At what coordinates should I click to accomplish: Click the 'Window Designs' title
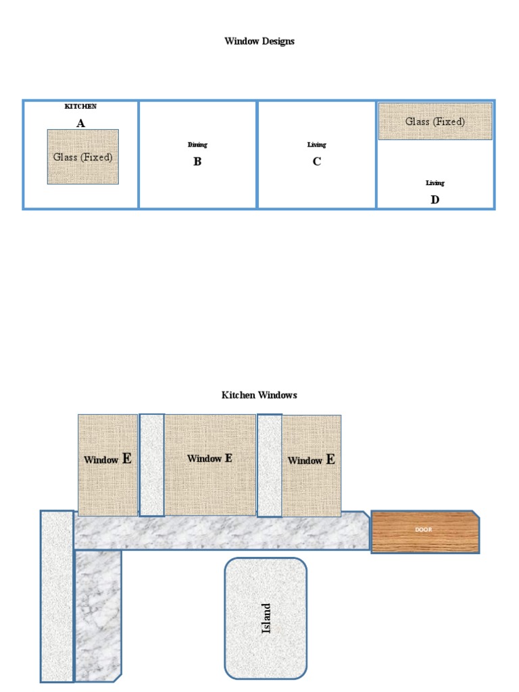(x=259, y=41)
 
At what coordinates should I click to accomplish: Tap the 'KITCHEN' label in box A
(x=80, y=106)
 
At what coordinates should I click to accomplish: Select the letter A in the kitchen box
(x=80, y=123)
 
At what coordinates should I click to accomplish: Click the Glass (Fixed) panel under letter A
(x=83, y=157)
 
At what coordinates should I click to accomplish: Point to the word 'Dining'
(x=197, y=145)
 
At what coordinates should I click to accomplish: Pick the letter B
(x=197, y=162)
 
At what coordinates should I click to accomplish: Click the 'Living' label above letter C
(x=316, y=145)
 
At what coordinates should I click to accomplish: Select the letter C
(x=316, y=162)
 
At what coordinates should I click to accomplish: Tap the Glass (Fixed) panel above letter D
(x=435, y=122)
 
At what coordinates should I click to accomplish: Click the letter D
(x=435, y=200)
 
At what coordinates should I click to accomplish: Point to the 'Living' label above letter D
(x=435, y=182)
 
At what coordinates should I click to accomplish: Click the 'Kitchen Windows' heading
(x=259, y=395)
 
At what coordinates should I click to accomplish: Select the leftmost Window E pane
(x=108, y=465)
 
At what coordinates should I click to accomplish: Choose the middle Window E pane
(x=210, y=465)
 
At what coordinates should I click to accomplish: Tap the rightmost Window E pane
(x=311, y=466)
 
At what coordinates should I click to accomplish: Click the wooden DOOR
(x=425, y=532)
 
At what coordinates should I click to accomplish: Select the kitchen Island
(x=266, y=618)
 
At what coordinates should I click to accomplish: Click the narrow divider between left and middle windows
(x=152, y=465)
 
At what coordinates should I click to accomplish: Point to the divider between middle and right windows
(x=269, y=465)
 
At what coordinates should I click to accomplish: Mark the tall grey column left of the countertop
(x=57, y=596)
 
